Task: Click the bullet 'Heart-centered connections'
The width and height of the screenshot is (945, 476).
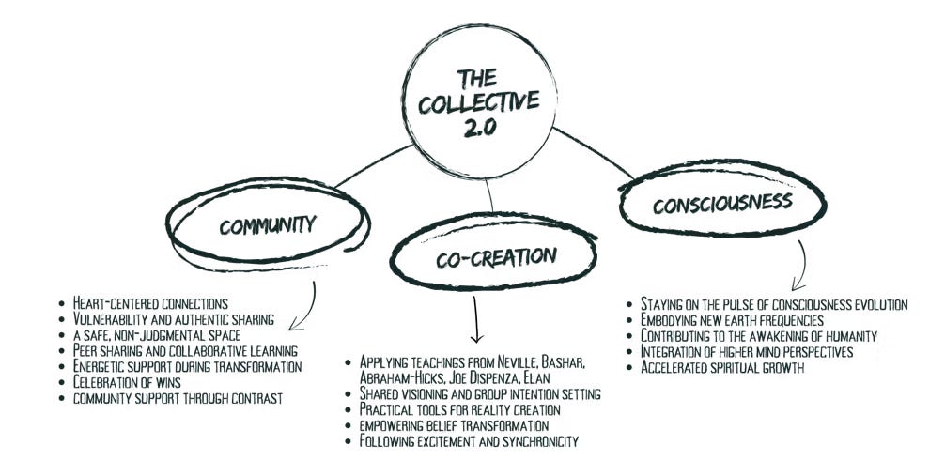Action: [x=150, y=302]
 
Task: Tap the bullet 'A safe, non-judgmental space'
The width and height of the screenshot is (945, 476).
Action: [x=150, y=334]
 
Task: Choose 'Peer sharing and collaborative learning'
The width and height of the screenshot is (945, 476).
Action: [x=178, y=350]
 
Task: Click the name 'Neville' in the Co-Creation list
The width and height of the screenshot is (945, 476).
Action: [x=540, y=362]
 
